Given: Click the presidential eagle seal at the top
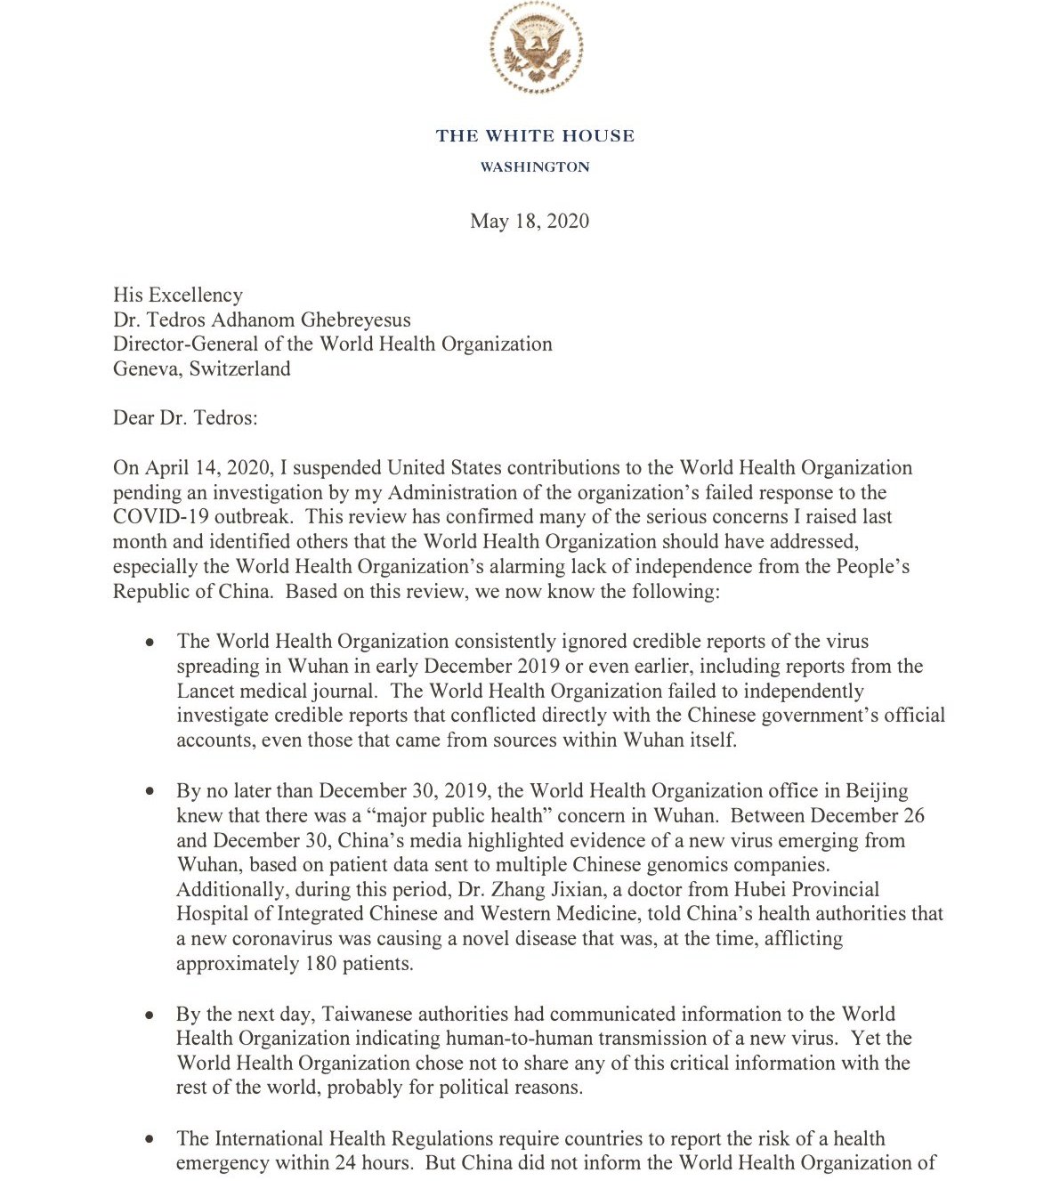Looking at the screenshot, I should coord(535,47).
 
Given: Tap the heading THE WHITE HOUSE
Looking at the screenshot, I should coord(535,136).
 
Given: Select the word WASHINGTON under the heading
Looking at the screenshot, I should coord(535,167).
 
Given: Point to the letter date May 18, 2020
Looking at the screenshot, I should coord(530,221).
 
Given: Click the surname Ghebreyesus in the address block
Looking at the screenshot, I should coord(352,320).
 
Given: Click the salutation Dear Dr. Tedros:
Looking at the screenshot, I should coord(185,417).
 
